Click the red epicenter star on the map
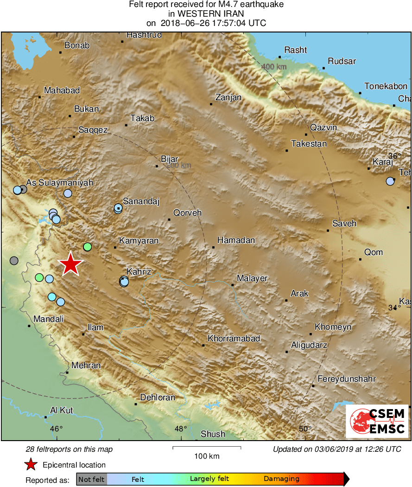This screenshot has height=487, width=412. coord(70,264)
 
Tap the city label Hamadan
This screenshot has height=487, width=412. coord(236,240)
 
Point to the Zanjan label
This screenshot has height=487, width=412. coord(228,97)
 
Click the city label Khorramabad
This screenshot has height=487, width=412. coord(234,339)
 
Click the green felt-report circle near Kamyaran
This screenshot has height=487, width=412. coord(87,246)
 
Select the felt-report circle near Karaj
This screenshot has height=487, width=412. coord(390,181)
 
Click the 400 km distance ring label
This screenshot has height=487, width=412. coord(274,67)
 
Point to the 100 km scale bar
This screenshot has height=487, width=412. coord(207,448)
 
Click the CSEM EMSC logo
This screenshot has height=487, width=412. coord(377,421)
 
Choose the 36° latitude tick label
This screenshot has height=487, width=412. coord(394,156)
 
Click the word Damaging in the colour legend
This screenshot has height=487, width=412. coord(281,479)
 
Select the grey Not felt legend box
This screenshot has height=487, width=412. coord(91,479)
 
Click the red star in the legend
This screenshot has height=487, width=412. coord(31,465)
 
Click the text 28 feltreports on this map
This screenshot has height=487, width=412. coord(69,449)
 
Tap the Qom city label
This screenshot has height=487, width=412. coord(374,252)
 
